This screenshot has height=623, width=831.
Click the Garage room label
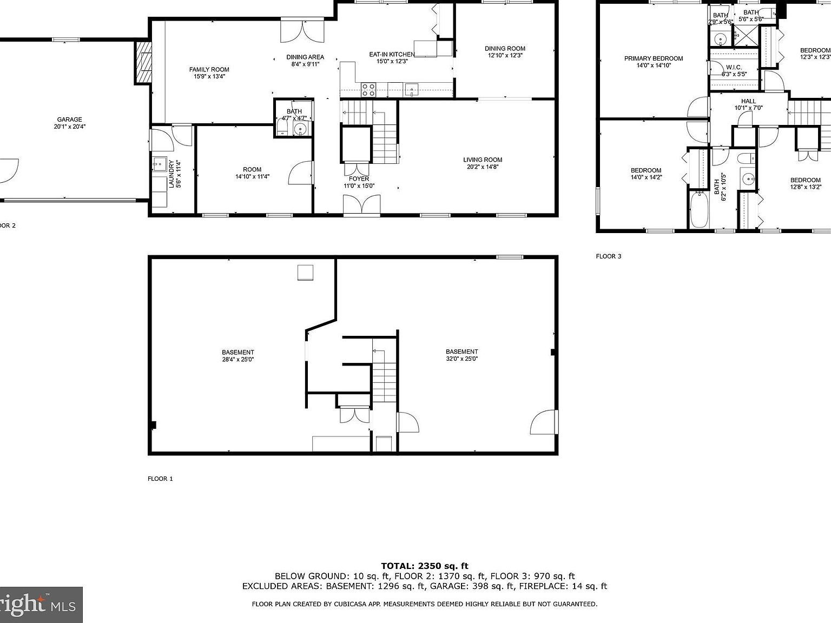70,120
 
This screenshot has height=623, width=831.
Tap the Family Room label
209,69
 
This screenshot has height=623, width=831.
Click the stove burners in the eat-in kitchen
368,90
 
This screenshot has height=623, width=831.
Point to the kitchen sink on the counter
412,90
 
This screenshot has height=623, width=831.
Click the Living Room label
482,160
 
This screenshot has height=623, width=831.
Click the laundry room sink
159,163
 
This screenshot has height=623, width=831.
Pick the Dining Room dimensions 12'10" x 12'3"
505,55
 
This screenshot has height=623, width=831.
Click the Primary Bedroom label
653,58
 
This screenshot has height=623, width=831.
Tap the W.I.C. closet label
734,67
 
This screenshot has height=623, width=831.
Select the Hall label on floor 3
748,101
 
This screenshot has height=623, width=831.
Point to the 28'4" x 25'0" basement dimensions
238,359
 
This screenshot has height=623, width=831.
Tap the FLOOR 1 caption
160,479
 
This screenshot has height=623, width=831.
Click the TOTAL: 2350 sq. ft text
425,566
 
